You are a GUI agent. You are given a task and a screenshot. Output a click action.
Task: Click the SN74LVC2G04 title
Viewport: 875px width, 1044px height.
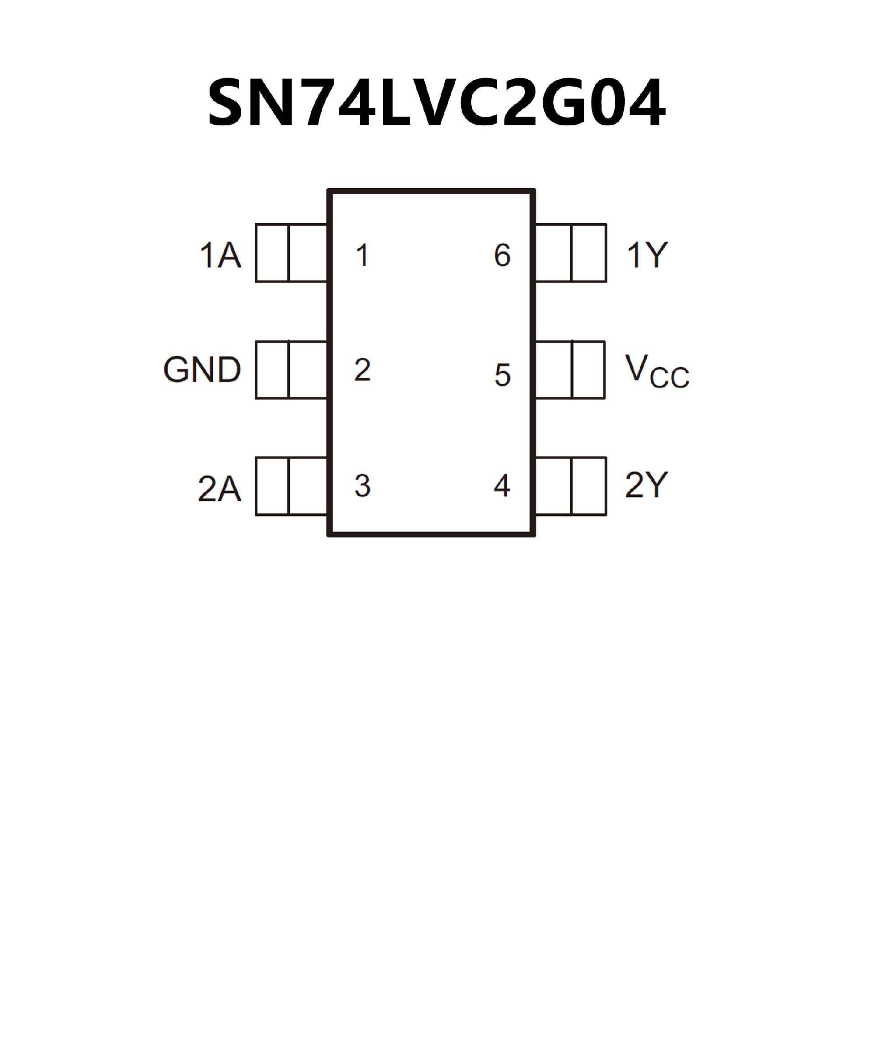pos(437,103)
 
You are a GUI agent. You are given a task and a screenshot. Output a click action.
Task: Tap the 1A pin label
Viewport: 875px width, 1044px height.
pos(220,255)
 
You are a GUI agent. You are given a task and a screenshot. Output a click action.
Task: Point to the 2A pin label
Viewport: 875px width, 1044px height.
pos(219,488)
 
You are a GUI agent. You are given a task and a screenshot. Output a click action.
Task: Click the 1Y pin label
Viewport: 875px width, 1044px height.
pos(647,255)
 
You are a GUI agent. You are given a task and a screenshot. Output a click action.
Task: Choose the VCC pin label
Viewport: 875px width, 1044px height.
pos(657,371)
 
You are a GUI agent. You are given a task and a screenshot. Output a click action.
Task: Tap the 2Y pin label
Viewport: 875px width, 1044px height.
pos(646,485)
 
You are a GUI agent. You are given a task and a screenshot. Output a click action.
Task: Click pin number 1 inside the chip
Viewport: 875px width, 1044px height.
pos(362,255)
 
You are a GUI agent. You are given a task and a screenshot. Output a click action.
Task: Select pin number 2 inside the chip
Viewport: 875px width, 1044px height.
pos(362,370)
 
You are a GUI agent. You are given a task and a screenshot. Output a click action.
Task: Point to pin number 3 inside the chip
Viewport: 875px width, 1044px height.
pos(362,486)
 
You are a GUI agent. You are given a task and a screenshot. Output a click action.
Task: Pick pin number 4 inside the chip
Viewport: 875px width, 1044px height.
pos(502,486)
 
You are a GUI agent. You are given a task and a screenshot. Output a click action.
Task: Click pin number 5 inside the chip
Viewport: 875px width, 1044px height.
pos(503,375)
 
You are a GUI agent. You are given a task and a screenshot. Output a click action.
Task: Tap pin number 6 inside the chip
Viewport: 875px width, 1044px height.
pos(503,255)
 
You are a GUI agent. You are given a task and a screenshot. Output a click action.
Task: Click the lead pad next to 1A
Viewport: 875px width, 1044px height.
pos(291,253)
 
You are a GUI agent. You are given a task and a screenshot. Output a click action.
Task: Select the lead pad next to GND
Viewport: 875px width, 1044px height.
pos(291,370)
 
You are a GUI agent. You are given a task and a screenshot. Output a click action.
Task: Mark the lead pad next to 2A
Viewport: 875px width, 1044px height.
pos(291,486)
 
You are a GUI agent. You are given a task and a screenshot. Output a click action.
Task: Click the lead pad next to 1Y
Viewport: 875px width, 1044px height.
pos(571,253)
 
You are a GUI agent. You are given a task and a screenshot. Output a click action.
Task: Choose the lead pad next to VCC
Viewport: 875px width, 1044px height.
pos(570,370)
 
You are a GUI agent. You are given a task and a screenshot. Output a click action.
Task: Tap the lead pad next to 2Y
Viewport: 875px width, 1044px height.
pos(571,486)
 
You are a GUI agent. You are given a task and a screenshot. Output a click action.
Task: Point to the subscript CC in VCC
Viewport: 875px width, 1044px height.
pos(669,379)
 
